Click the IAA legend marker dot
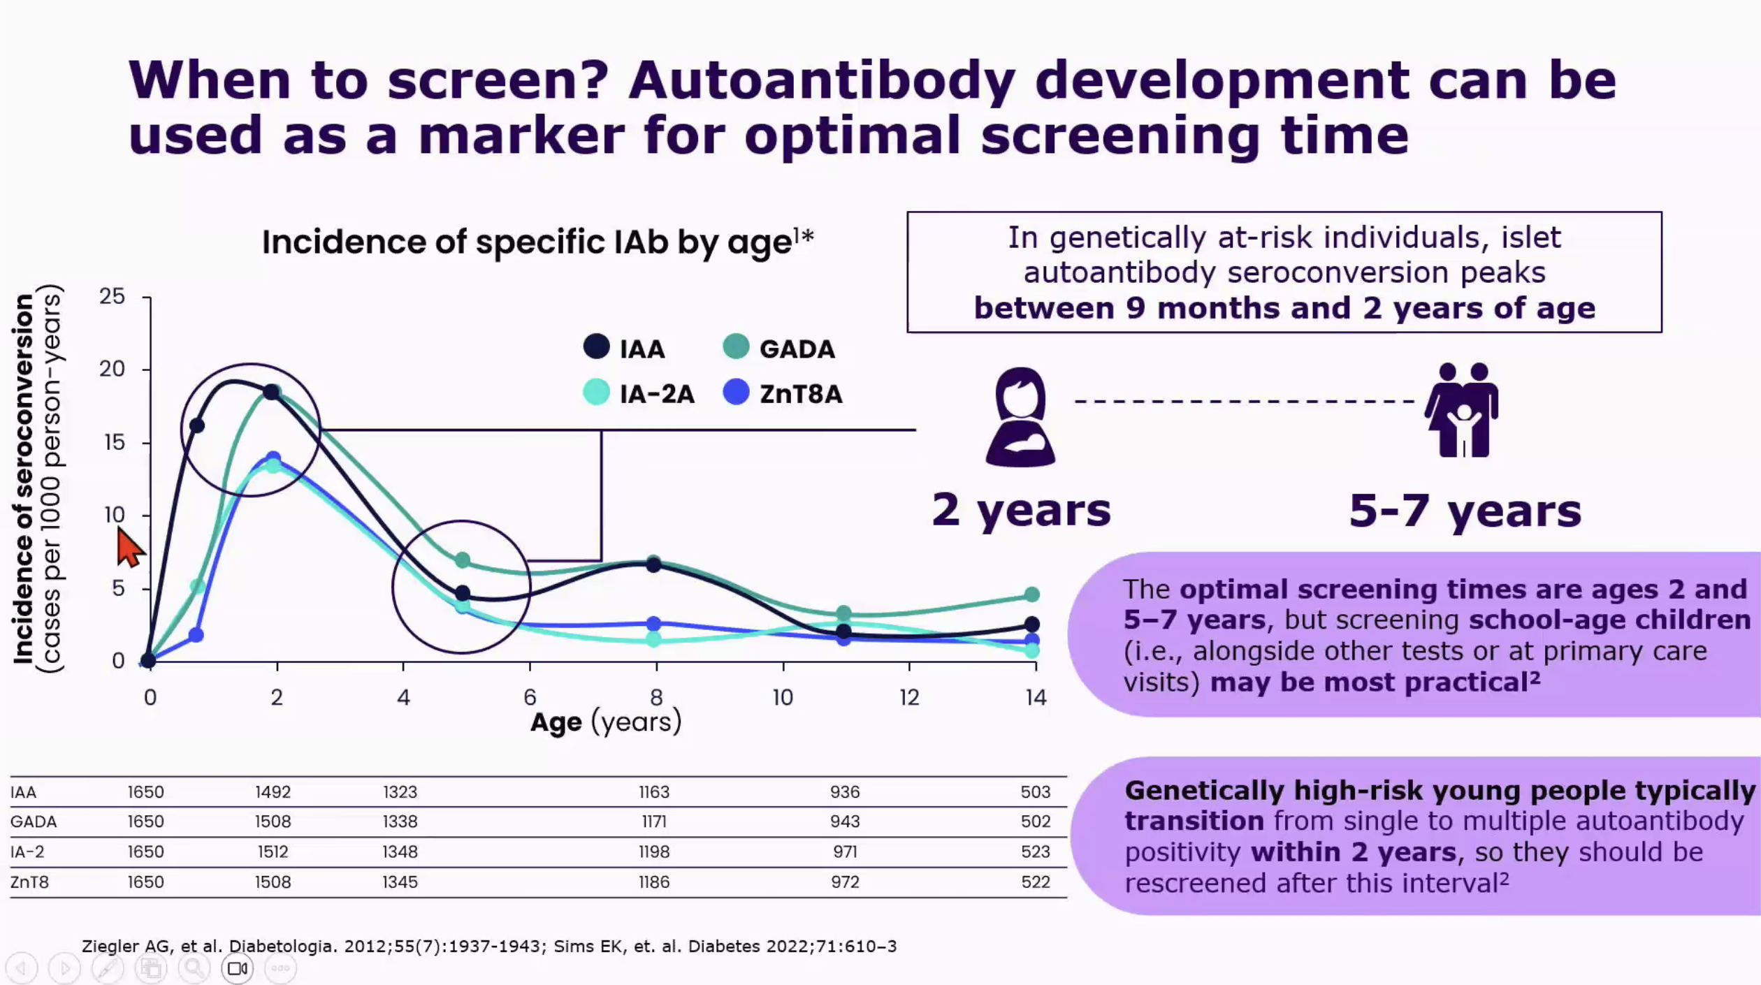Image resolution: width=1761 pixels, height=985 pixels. tap(596, 346)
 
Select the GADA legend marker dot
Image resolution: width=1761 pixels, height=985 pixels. tap(736, 346)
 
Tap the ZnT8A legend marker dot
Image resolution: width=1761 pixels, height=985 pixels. tap(736, 392)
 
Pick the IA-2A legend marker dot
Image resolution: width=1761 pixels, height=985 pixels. tap(596, 392)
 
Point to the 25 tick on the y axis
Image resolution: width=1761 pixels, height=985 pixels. tap(112, 296)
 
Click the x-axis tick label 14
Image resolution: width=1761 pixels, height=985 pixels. tap(1036, 697)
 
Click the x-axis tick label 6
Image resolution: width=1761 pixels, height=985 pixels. tap(530, 697)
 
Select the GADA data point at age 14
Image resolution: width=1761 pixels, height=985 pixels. tap(1032, 594)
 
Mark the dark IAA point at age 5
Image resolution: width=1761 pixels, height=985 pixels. tap(463, 594)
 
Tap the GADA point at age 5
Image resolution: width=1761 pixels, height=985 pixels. tap(463, 560)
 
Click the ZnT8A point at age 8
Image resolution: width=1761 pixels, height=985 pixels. tap(653, 623)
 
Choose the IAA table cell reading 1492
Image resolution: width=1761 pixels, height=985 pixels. tap(273, 792)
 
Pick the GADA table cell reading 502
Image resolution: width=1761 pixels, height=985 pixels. tap(1036, 822)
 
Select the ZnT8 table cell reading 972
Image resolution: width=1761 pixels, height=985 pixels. tap(845, 882)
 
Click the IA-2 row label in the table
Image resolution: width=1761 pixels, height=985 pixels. tap(27, 852)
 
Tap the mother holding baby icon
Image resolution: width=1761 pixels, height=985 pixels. tap(1020, 417)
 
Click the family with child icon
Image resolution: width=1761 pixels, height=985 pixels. tap(1462, 410)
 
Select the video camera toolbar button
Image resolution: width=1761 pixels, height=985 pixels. tap(238, 968)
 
